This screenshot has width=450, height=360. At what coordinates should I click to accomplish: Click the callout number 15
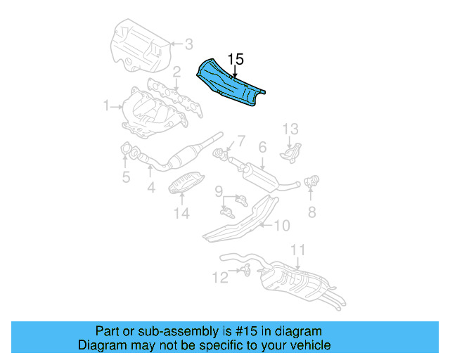[x=235, y=58]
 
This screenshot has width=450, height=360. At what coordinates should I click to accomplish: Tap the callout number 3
[x=188, y=45]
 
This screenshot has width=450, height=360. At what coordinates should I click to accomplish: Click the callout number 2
[x=177, y=72]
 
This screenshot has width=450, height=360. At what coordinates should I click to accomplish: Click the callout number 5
[x=126, y=177]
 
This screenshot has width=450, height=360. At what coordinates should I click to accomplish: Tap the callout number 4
[x=150, y=188]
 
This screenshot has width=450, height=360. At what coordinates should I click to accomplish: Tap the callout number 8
[x=311, y=211]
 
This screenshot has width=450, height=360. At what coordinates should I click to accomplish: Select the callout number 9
[x=219, y=191]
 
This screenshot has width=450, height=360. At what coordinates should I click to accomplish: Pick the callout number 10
[x=281, y=226]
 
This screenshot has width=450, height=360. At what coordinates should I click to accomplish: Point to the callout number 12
[x=220, y=278]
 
